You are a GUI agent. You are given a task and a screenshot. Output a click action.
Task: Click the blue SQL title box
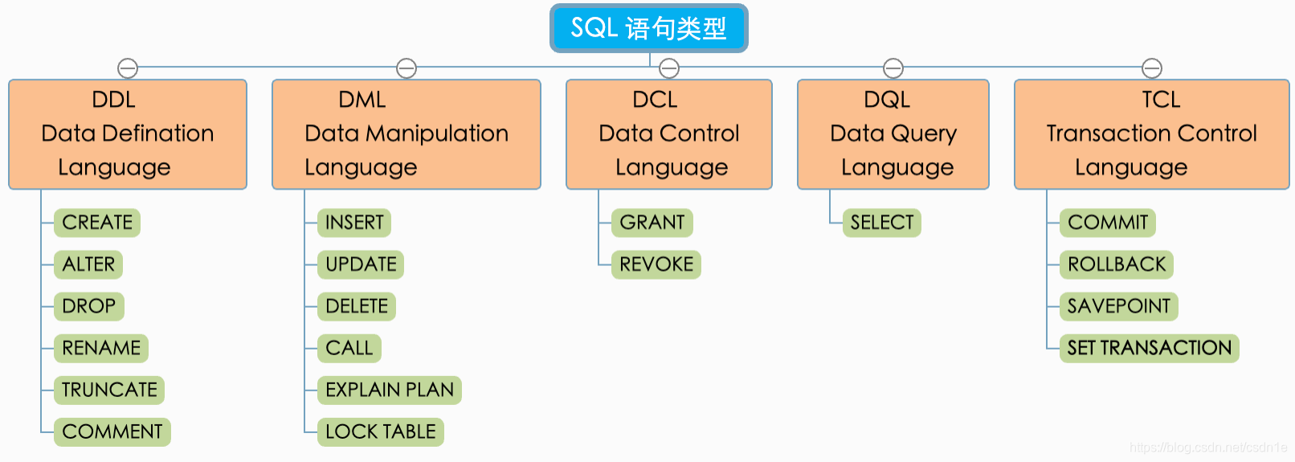tap(648, 28)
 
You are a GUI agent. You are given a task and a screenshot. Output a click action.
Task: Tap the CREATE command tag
tap(97, 223)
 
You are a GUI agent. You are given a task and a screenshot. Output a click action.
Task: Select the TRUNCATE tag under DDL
tap(109, 390)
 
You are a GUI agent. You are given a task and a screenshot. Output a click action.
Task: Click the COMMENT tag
tap(112, 431)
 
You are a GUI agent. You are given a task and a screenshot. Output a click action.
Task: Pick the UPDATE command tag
tap(361, 264)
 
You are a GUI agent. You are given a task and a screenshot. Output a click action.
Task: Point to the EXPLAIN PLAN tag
tap(390, 390)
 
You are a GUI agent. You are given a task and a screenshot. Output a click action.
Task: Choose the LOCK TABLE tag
tap(381, 431)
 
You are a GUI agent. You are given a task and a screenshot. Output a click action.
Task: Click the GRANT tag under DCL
tap(652, 223)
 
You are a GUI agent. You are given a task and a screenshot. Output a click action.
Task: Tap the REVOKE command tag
tap(656, 264)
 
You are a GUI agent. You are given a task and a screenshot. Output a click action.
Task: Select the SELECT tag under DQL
tap(882, 223)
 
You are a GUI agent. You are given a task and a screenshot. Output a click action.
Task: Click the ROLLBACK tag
tap(1117, 264)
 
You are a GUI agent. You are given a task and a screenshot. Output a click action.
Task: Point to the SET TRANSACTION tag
tap(1150, 348)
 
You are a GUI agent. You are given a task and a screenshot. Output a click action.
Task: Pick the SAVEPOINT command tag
tap(1119, 306)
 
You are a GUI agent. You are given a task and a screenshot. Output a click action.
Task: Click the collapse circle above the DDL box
tap(128, 68)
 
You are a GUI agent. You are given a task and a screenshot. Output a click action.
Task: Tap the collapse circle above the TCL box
tap(1152, 68)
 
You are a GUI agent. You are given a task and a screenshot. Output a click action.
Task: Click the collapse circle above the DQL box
tap(893, 68)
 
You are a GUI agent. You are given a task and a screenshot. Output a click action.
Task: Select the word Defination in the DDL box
tap(161, 133)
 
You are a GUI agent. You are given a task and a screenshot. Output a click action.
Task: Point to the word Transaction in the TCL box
tap(1102, 133)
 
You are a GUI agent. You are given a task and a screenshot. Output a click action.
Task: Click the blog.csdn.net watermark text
tap(1207, 448)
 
